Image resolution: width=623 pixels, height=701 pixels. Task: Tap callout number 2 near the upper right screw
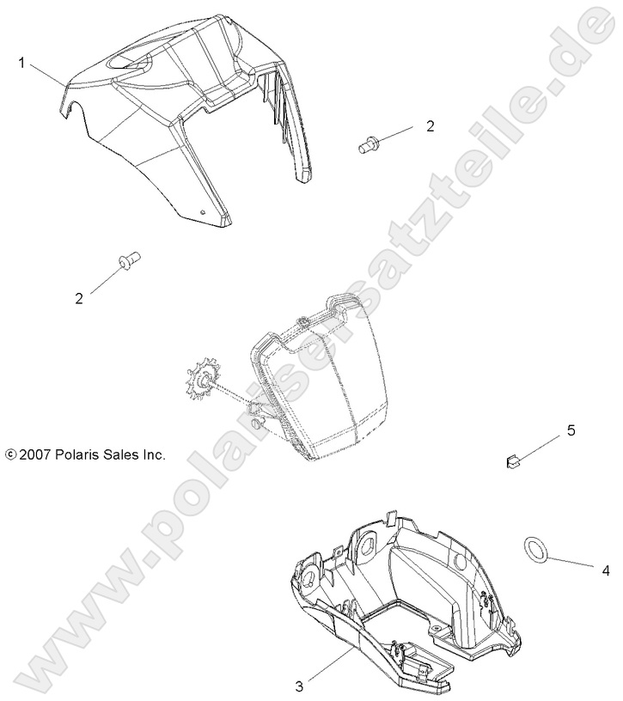[x=430, y=126]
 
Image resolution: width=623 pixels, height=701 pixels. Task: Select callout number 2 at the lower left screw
[x=79, y=298]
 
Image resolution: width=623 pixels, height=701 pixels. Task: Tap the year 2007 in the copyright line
[x=34, y=454]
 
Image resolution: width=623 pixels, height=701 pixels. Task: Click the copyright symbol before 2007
[x=10, y=454]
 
